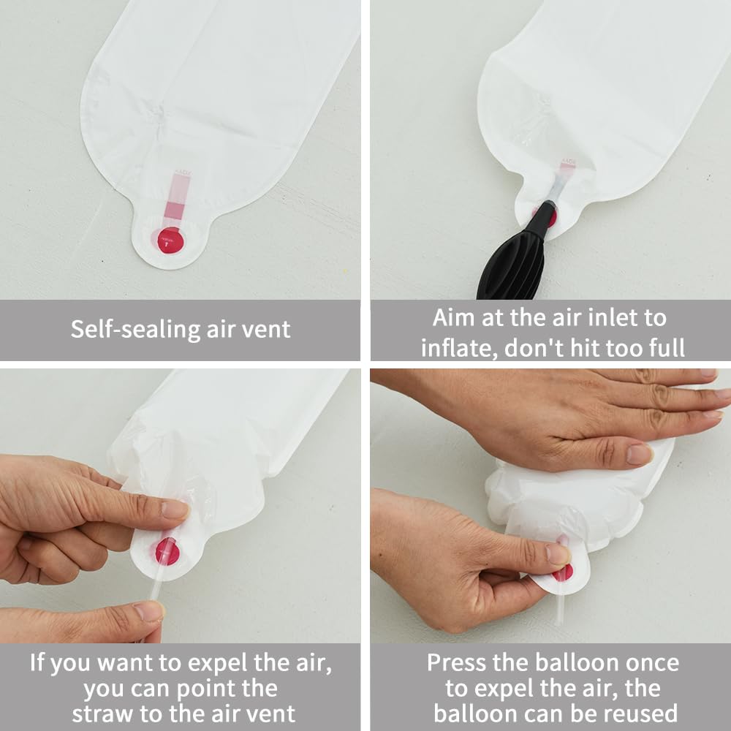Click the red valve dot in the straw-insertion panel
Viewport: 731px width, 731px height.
(167, 551)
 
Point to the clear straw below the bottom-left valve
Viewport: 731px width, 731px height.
(156, 588)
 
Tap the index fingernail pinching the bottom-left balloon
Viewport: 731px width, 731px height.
(175, 510)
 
